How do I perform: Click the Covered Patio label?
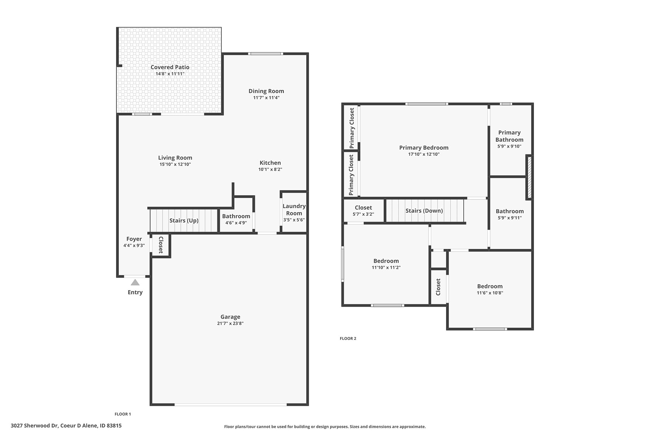170,67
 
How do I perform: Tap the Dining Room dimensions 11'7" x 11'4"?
266,98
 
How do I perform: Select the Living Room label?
175,158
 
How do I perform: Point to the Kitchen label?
270,163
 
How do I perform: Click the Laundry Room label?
294,210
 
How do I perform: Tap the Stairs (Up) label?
184,220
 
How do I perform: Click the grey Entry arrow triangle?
135,282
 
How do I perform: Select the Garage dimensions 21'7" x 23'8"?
230,324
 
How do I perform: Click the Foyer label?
134,239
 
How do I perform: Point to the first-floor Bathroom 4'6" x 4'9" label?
236,216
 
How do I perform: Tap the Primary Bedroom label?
424,148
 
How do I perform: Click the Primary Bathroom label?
510,136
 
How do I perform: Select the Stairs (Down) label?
424,211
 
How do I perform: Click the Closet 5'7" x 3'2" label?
363,208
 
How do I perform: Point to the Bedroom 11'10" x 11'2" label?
386,261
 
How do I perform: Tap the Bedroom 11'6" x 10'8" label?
490,286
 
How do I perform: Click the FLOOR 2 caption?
348,338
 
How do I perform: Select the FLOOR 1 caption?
123,414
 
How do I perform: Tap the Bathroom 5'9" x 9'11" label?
510,211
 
